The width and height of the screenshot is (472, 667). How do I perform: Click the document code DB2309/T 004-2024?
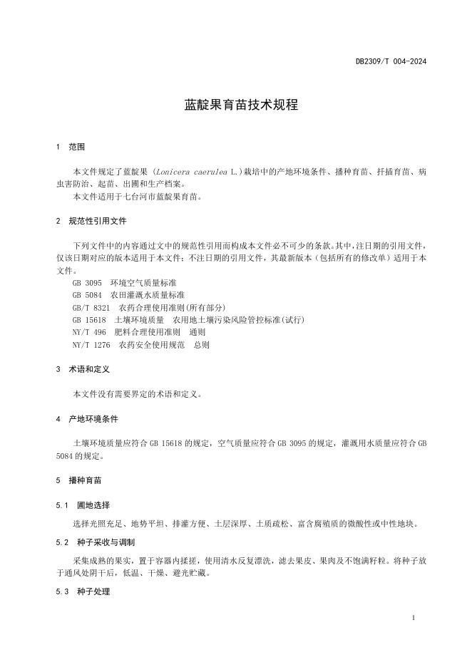point(391,62)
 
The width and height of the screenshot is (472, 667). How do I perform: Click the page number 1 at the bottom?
point(414,618)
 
